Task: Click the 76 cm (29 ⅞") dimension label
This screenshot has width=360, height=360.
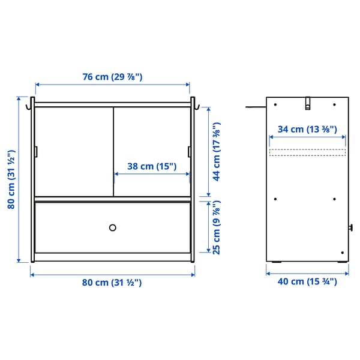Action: click(112, 77)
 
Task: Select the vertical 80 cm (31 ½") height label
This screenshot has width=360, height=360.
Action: click(11, 179)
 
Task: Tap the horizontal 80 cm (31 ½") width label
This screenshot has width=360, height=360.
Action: click(112, 283)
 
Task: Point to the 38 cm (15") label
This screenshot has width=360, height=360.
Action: click(151, 167)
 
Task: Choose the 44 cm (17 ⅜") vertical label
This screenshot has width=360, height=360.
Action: click(217, 151)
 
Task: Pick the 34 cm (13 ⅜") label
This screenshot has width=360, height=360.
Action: click(307, 129)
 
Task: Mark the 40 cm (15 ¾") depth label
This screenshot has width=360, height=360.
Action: click(307, 281)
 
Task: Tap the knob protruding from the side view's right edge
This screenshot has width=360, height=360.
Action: click(351, 228)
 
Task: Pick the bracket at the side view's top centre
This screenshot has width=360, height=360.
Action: click(307, 103)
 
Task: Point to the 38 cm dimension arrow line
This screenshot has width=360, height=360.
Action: click(151, 175)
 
